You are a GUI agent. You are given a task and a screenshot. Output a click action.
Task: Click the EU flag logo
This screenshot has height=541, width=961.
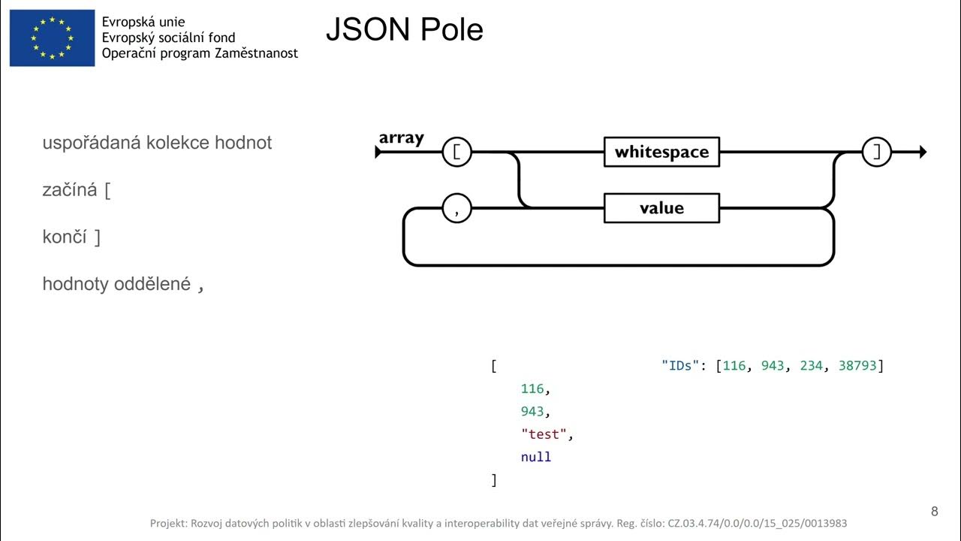52,38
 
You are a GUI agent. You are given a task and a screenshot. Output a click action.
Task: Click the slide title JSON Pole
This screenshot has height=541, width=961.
404,30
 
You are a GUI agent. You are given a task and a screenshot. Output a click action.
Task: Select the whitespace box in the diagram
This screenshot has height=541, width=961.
661,152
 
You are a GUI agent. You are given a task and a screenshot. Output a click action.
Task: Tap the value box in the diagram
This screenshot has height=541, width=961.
661,208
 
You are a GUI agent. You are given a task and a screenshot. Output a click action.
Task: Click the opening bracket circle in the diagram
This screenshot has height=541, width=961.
456,152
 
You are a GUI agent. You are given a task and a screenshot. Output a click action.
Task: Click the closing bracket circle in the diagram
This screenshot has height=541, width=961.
876,152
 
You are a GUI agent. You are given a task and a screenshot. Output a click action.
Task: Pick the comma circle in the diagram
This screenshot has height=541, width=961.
456,208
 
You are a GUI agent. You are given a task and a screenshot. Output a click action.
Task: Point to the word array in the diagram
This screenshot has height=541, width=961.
401,138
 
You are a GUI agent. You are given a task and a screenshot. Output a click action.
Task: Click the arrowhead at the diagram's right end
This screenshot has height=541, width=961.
922,152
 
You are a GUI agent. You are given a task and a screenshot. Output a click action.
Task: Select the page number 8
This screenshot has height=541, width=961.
934,512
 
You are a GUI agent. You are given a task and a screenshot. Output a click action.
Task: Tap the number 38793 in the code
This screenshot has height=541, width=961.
857,366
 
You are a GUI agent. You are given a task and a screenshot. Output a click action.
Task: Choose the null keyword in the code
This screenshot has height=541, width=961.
536,457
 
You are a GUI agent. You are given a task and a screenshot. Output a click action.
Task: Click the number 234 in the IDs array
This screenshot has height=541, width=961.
812,366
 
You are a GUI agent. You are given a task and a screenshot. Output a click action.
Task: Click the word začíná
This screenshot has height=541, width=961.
70,190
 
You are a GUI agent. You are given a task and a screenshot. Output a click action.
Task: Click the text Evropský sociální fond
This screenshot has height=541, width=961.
168,38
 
